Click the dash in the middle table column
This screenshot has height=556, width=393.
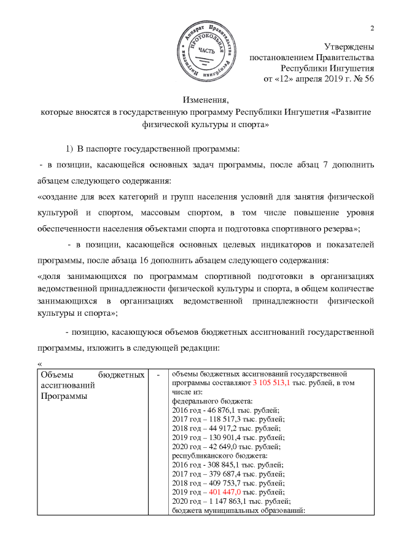(158, 374)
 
